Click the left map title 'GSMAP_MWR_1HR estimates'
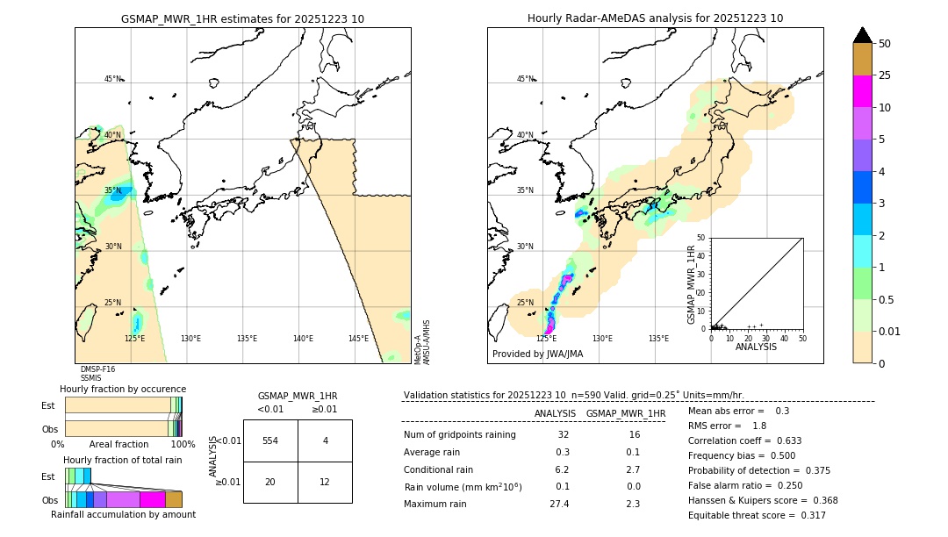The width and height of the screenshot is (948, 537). click(242, 18)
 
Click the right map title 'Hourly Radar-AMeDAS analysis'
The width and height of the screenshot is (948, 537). click(655, 18)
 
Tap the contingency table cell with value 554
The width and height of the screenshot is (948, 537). click(270, 440)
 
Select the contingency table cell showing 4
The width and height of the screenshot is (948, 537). click(325, 440)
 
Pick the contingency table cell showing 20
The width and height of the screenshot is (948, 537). click(270, 482)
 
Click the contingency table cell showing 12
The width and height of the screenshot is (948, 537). click(325, 482)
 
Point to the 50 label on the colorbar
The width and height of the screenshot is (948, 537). click(885, 43)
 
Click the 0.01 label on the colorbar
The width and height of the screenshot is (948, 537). click(890, 331)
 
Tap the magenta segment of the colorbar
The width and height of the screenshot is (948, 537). click(863, 91)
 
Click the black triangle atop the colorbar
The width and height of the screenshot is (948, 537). click(863, 35)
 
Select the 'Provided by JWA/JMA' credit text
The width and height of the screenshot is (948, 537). click(537, 354)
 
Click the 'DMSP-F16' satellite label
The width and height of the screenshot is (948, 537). click(97, 369)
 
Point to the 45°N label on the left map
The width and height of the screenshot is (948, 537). click(112, 79)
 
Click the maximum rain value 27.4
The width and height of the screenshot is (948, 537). click(559, 504)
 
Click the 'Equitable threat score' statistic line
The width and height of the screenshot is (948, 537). click(757, 515)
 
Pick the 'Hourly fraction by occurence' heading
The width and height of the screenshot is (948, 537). click(123, 389)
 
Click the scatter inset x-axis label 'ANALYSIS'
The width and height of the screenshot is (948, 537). click(756, 347)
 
